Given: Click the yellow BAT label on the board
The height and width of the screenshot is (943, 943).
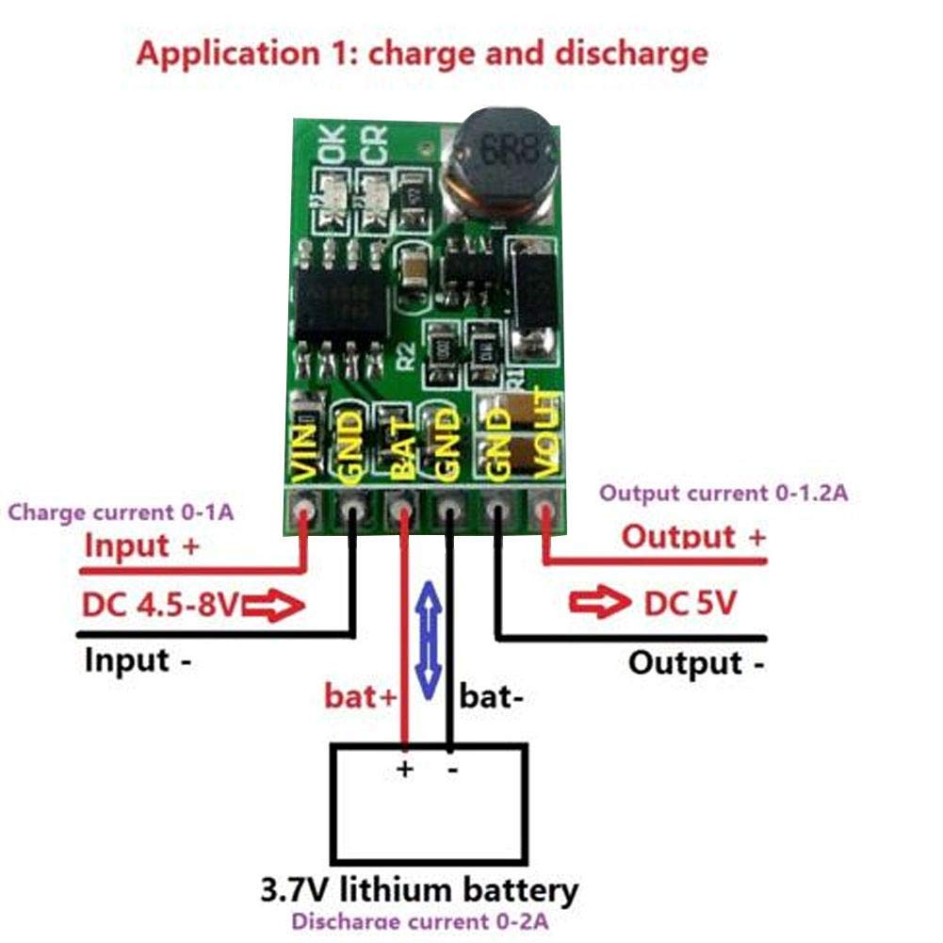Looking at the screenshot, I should click(x=399, y=453).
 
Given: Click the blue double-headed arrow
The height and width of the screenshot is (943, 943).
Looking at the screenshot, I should click(x=429, y=633).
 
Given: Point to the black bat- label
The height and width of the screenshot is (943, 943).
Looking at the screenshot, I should click(x=491, y=697).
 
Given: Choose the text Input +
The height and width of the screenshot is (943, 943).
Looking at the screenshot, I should click(x=142, y=545).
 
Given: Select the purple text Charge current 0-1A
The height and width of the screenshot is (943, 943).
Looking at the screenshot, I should click(x=121, y=513).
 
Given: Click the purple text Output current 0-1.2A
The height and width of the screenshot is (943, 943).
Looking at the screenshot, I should click(x=724, y=493).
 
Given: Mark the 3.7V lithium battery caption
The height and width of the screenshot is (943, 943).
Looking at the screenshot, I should click(x=418, y=889).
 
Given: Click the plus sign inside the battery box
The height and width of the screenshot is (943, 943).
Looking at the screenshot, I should click(x=405, y=770).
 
